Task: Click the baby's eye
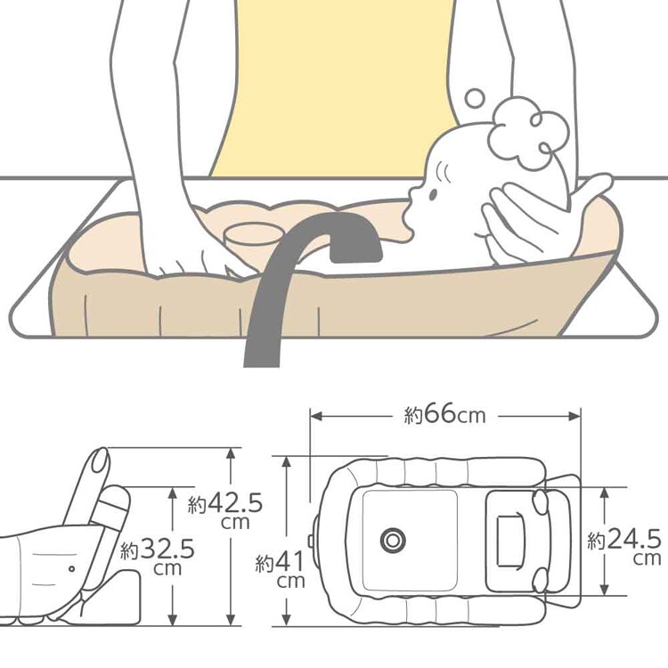[x=433, y=195]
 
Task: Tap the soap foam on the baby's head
[x=528, y=132]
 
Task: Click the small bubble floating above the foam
[x=475, y=98]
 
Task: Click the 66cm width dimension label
[x=444, y=414]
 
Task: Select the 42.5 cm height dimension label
[x=225, y=511]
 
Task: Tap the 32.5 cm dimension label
[x=157, y=557]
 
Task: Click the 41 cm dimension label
[x=281, y=569]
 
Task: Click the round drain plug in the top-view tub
[x=393, y=541]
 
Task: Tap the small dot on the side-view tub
[x=71, y=569]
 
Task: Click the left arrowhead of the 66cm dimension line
[x=315, y=416]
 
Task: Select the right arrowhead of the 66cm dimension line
[x=575, y=416]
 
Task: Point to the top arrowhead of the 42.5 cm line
[x=231, y=453]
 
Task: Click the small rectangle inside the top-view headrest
[x=509, y=541]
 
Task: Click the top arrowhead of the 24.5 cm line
[x=604, y=493]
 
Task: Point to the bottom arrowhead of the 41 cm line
[x=287, y=620]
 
